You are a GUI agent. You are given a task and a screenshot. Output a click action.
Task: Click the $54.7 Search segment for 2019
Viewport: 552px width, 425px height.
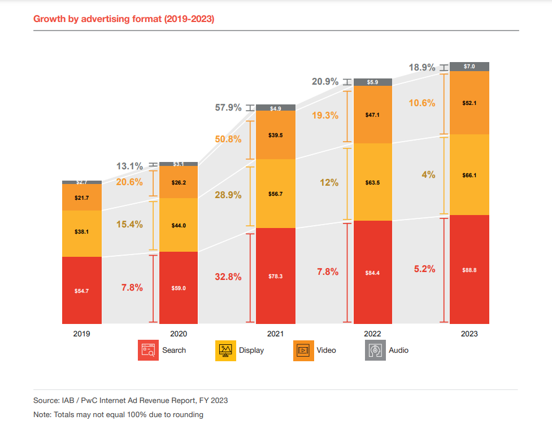(82, 290)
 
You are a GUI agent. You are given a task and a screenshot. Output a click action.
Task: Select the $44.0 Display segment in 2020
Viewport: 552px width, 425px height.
(179, 225)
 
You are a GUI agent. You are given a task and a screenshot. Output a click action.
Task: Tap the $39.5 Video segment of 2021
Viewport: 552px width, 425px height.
(276, 135)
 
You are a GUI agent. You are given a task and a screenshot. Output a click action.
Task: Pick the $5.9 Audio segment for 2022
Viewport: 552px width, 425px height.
(373, 82)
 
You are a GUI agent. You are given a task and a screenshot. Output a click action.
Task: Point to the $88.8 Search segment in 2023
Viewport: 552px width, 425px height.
(470, 270)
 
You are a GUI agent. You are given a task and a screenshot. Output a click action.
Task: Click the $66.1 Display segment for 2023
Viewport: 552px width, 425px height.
(470, 175)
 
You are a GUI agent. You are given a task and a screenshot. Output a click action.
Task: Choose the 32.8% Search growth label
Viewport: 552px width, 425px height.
(228, 277)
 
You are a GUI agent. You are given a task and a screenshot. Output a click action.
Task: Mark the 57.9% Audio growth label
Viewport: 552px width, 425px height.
(228, 107)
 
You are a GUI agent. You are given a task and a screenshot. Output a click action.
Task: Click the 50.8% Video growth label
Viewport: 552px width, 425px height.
(228, 139)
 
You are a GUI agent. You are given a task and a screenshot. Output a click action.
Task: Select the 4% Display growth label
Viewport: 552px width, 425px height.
(428, 175)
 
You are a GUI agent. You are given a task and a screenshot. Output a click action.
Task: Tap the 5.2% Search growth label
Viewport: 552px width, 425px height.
(424, 269)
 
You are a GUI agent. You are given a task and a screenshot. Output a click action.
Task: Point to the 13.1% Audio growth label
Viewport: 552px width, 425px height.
(129, 166)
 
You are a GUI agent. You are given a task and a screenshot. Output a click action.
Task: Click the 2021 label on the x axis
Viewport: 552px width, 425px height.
(276, 334)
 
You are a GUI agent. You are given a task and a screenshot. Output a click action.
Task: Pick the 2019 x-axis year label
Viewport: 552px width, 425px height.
(82, 334)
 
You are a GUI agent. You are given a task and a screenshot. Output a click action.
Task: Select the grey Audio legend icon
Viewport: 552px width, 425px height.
(375, 350)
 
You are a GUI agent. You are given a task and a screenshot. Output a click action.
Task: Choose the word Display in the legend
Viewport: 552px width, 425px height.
(251, 350)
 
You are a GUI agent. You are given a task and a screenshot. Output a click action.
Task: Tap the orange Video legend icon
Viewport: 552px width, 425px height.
(303, 350)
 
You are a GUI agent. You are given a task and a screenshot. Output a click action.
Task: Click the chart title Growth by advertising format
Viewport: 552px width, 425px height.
(124, 19)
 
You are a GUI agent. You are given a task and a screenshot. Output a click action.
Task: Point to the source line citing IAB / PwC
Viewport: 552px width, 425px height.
(131, 400)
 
